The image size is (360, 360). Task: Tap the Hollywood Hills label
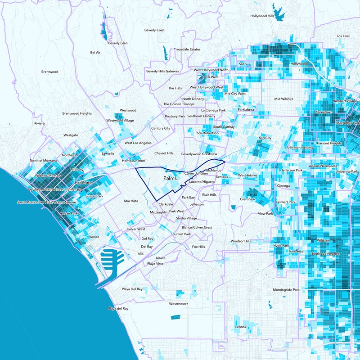pyautogui.click(x=262, y=16)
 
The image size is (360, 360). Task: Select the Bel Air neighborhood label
pyautogui.click(x=95, y=53)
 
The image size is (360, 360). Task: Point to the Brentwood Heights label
pyautogui.click(x=77, y=113)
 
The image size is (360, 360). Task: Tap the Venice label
pyautogui.click(x=94, y=237)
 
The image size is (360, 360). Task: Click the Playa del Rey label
pyautogui.click(x=118, y=309)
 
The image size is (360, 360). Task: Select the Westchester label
pyautogui.click(x=178, y=304)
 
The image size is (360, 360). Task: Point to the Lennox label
pyautogui.click(x=241, y=327)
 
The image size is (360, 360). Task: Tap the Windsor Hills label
pyautogui.click(x=240, y=242)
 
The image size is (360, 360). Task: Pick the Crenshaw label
pyautogui.click(x=248, y=199)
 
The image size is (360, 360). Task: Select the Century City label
pyautogui.click(x=161, y=128)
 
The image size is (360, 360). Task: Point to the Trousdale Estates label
pyautogui.click(x=187, y=49)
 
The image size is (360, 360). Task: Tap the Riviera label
pyautogui.click(x=40, y=123)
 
